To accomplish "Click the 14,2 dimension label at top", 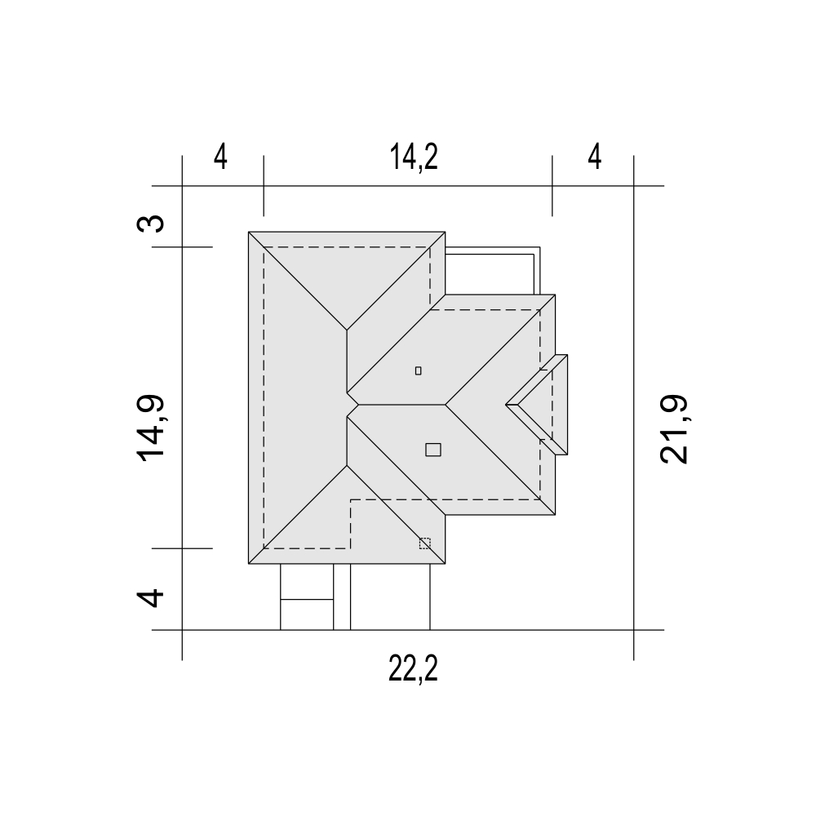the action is point(414,157).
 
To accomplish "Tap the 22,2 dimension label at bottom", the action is point(413,669).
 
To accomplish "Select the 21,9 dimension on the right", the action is point(674,429).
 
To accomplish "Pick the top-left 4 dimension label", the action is point(220,157).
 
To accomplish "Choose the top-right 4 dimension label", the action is point(595,157).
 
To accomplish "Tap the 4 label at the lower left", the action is point(150,597).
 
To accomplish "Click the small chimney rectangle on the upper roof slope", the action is point(419,370).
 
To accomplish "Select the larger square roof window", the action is point(433,450).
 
